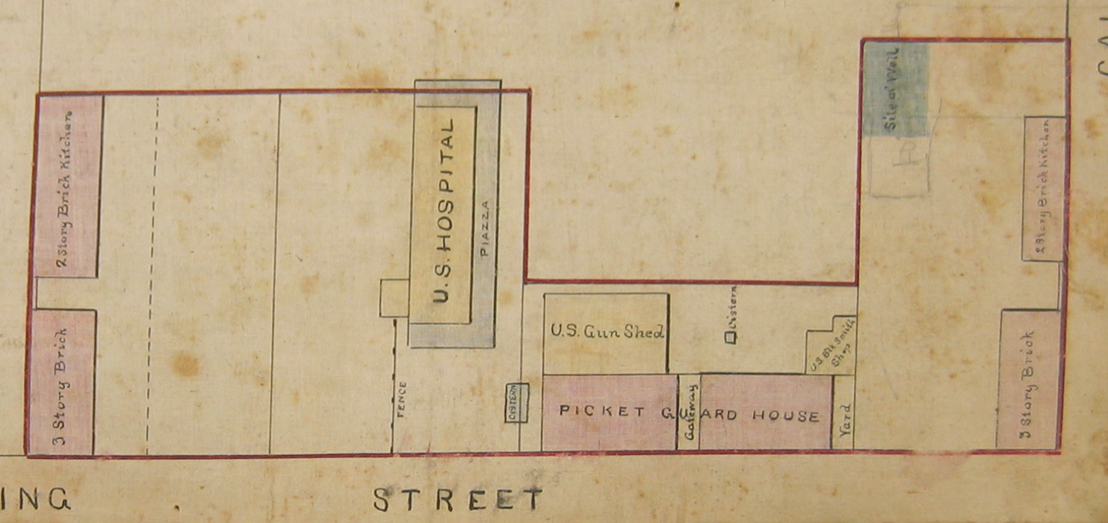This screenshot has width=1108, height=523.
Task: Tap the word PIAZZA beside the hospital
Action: (484, 228)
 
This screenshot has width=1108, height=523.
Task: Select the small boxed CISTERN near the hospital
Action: (516, 403)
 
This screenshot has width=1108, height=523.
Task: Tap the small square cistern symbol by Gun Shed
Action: (731, 338)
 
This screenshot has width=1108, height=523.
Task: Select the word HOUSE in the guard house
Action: (785, 415)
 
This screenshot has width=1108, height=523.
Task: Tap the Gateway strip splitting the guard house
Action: (688, 412)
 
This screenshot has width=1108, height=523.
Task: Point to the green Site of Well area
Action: (896, 90)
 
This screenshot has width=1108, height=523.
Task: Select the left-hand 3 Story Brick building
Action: (62, 383)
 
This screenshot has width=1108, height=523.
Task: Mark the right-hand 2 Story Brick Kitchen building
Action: (1044, 188)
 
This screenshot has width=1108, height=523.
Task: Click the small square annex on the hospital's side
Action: (394, 297)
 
